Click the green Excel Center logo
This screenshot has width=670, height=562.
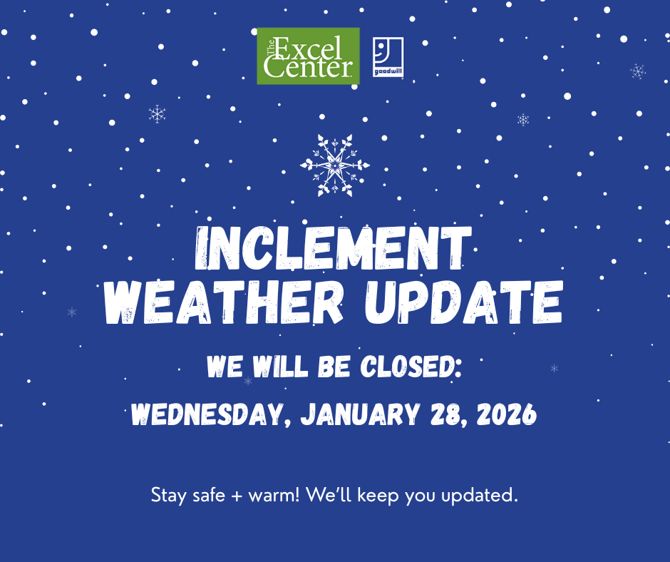[308, 56]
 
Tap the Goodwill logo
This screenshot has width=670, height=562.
[388, 57]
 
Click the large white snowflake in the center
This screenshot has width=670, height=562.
[334, 165]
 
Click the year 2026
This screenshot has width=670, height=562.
[504, 415]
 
